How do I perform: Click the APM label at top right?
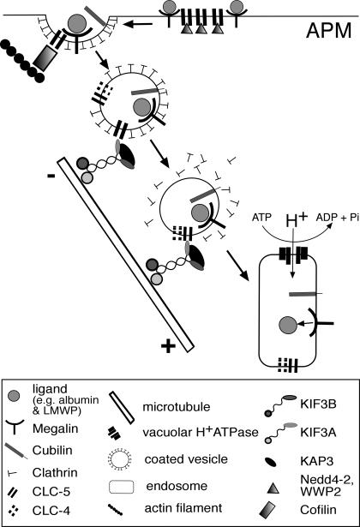pos(329,31)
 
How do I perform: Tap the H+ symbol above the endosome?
pos(296,221)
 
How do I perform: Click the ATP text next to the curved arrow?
pos(261,218)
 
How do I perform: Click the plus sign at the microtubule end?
pos(168,346)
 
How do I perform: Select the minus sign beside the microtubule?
pos(51,176)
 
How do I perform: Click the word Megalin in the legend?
pos(55,428)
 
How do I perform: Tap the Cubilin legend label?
pos(52,450)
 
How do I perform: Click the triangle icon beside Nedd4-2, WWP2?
pos(273,488)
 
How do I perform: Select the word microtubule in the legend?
pos(176,407)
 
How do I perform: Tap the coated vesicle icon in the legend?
pos(119,459)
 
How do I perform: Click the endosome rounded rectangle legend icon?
pos(122,487)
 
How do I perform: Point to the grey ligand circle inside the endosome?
pos(288,325)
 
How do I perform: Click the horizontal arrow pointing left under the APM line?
pos(138,24)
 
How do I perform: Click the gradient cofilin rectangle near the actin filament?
pos(45,57)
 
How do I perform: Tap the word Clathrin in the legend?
pos(55,472)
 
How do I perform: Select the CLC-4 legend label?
pos(51,511)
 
